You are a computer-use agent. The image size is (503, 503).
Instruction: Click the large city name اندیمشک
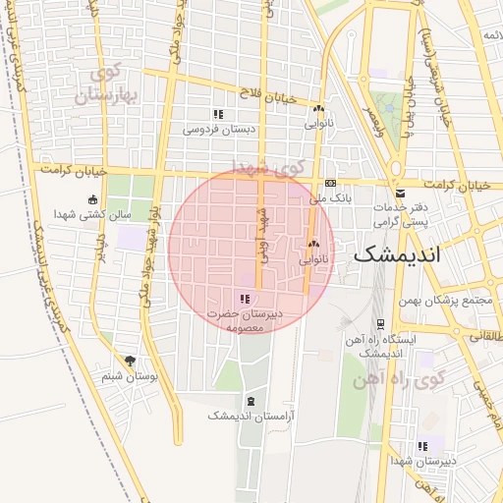397,253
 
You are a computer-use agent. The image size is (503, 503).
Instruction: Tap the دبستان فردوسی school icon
218,115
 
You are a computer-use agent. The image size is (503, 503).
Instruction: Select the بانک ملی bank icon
331,184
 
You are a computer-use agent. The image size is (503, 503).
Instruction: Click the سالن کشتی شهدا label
93,214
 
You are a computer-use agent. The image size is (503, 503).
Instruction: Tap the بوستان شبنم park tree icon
130,362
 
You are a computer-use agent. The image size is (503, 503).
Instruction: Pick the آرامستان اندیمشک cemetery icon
251,402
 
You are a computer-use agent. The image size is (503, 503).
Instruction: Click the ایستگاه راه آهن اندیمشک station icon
380,323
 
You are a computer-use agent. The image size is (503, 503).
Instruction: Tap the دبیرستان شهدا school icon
422,446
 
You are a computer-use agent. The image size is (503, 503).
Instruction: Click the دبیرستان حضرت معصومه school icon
245,299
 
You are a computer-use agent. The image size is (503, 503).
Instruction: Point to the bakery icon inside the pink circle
314,246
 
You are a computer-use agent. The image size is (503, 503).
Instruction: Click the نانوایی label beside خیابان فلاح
319,125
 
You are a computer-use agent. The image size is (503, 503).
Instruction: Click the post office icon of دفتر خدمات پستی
400,194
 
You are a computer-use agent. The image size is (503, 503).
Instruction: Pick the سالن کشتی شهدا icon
93,199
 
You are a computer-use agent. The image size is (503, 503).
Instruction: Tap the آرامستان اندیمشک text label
252,417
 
